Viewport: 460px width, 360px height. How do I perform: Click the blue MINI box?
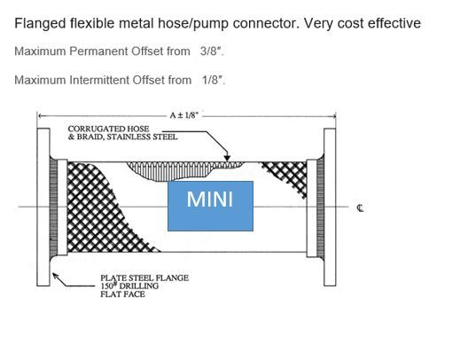point(210,206)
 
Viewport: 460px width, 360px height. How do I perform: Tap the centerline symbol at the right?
point(360,208)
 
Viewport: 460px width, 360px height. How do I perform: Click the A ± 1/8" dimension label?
point(184,115)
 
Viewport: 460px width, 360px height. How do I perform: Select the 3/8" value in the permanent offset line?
point(211,51)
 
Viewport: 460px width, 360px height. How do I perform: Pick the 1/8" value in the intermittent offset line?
point(213,80)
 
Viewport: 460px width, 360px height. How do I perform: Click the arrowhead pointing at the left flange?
point(56,276)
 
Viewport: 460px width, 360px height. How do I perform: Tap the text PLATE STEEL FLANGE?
point(144,278)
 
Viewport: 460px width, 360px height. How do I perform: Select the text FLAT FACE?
point(122,294)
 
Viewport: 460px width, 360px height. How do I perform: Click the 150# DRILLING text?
point(129,286)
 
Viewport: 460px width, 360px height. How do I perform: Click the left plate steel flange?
point(43,207)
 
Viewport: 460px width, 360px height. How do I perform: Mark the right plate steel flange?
point(330,207)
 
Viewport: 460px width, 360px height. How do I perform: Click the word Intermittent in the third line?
point(99,80)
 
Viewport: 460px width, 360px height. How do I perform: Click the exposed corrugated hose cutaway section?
point(183,170)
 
